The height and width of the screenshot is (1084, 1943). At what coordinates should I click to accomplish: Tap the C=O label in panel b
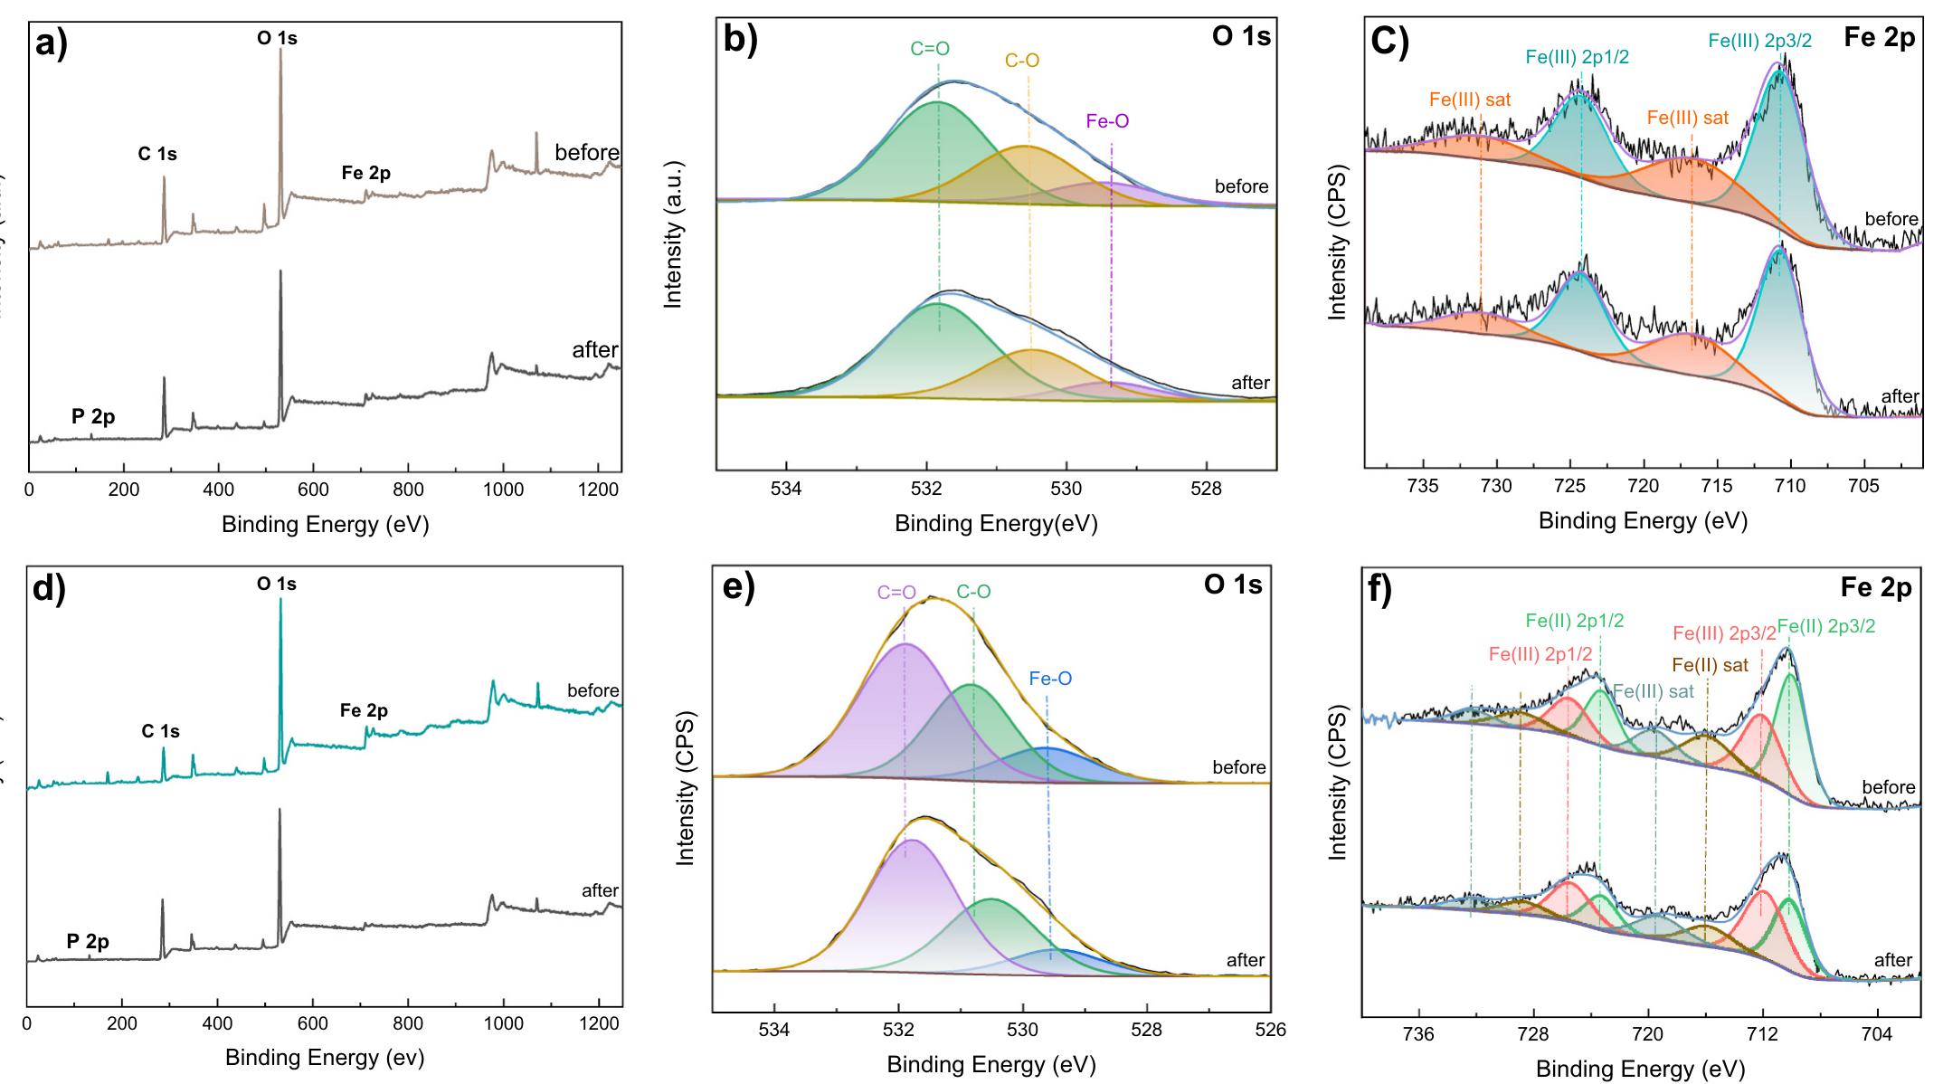click(x=930, y=49)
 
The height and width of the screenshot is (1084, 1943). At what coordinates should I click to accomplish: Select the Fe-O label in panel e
click(x=1050, y=678)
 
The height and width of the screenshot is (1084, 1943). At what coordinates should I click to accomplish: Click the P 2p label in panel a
click(x=93, y=417)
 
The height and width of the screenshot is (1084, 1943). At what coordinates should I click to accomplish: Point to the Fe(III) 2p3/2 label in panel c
click(x=1759, y=41)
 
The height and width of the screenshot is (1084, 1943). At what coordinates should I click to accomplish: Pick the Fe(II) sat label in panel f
click(x=1710, y=665)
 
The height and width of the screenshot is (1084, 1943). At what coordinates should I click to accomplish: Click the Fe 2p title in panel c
click(x=1879, y=39)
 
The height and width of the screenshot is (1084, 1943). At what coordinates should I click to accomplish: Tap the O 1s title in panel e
click(x=1232, y=585)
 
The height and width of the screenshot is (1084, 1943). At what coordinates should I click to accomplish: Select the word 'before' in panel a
click(x=587, y=152)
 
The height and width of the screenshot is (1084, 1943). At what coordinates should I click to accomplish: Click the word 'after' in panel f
click(x=1892, y=960)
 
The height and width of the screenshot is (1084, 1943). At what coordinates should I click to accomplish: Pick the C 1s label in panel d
click(x=160, y=731)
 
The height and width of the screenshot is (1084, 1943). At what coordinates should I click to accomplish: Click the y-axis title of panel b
click(x=672, y=234)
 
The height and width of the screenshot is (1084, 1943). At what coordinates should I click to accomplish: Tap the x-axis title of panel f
click(x=1640, y=1070)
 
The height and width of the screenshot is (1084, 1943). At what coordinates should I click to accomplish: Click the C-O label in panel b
click(x=1022, y=61)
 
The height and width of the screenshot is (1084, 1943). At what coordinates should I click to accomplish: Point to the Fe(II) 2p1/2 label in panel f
click(x=1574, y=621)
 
